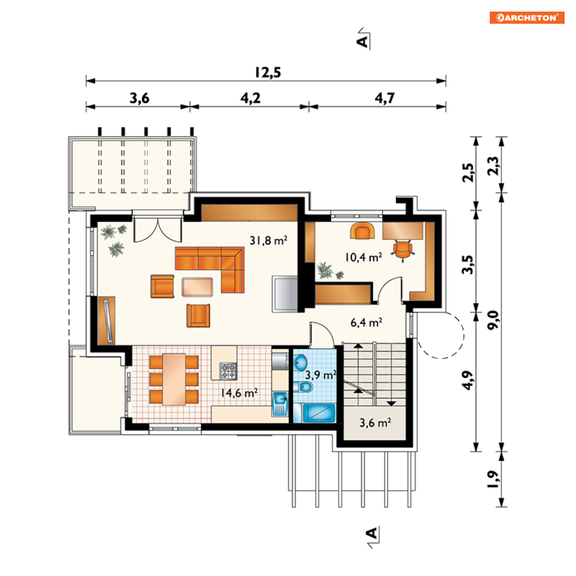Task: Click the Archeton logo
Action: click(x=527, y=17)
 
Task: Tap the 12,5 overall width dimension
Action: click(x=268, y=72)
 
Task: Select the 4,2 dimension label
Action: click(x=251, y=98)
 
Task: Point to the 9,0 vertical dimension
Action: click(x=493, y=320)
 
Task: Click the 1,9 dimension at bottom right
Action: click(x=493, y=479)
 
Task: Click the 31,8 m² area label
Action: click(x=269, y=241)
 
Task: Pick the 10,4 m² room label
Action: click(x=364, y=257)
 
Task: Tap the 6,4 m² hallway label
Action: click(x=366, y=322)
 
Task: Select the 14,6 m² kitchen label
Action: click(x=239, y=393)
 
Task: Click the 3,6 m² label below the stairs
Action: click(x=375, y=423)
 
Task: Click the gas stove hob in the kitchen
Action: click(x=228, y=370)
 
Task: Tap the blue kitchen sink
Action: click(x=280, y=404)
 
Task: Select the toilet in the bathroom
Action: click(x=303, y=387)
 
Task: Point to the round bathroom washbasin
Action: click(x=300, y=362)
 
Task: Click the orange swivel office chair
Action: click(x=403, y=250)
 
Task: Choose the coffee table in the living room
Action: click(x=197, y=287)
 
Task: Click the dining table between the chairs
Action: click(x=174, y=379)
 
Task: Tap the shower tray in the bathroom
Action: click(x=319, y=413)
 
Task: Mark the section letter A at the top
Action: click(x=362, y=41)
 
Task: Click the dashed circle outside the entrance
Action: click(x=464, y=335)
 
